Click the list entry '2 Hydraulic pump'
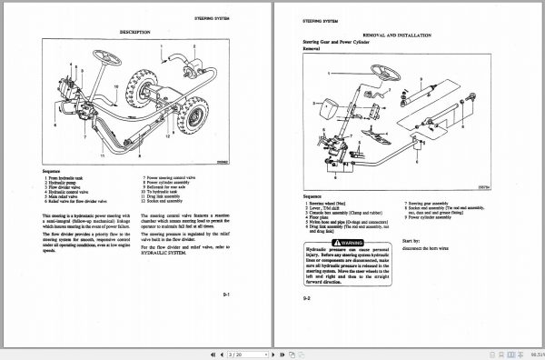(x=65, y=183)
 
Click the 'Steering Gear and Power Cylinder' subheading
(x=338, y=42)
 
